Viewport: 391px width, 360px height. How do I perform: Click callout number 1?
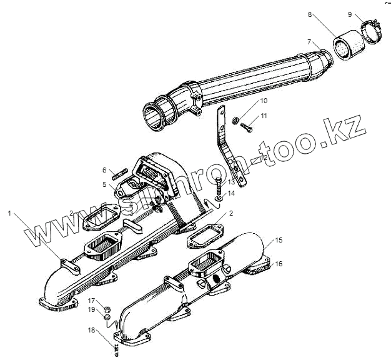[x=9, y=214]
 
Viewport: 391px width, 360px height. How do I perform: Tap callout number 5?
[x=105, y=184]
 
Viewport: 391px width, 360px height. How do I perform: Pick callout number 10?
[x=247, y=100]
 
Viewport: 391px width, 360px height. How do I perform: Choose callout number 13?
[x=231, y=181]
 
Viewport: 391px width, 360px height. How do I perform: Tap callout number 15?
[x=279, y=240]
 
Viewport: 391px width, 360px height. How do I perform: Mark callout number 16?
[x=279, y=264]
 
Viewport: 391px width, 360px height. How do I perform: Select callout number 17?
[x=91, y=300]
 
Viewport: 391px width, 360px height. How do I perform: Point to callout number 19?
[x=91, y=309]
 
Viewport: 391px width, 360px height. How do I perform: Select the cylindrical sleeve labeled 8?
[x=345, y=47]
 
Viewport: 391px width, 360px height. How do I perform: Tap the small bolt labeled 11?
[x=244, y=127]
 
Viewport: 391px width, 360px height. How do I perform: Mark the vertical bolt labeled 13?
[x=219, y=186]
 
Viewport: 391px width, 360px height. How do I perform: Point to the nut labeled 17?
[x=107, y=307]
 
